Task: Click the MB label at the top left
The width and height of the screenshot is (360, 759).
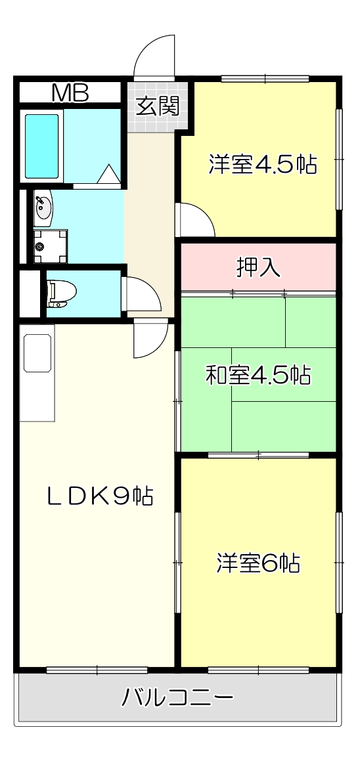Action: [70, 94]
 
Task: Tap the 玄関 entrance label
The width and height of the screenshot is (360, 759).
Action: [158, 106]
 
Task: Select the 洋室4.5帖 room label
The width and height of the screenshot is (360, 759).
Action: [263, 164]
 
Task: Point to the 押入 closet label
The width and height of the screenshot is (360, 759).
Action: [259, 267]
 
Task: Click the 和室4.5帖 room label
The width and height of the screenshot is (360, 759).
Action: [258, 376]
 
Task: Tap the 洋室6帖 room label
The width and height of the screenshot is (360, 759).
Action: [258, 563]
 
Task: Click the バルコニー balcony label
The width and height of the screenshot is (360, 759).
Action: [177, 697]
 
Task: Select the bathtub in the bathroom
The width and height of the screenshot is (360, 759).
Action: [42, 146]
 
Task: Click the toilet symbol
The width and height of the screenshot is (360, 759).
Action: [61, 293]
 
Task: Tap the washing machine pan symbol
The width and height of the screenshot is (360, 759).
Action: [51, 246]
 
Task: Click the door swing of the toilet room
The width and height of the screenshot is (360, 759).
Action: [141, 295]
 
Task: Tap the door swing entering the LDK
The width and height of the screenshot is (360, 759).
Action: [149, 341]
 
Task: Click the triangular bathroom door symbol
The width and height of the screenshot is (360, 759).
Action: [108, 175]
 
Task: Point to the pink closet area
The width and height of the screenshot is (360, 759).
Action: [259, 267]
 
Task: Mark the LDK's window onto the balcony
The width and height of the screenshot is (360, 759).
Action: [97, 670]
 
